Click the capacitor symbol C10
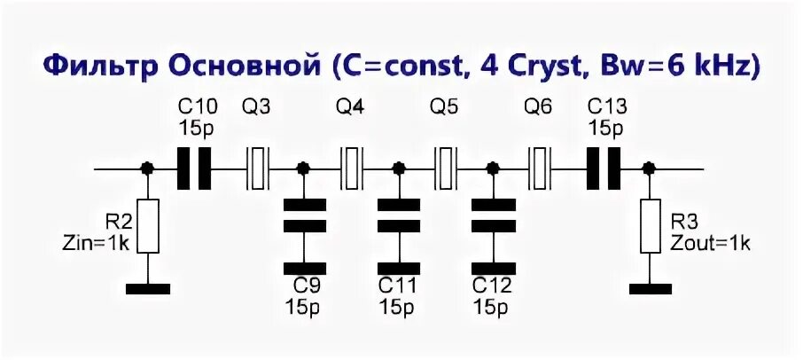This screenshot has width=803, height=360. [x=194, y=168]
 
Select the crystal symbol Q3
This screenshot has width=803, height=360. [x=257, y=168]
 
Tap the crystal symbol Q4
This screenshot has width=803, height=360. [x=352, y=168]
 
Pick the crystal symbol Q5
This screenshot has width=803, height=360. [x=446, y=168]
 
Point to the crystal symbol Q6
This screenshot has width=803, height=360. [x=540, y=168]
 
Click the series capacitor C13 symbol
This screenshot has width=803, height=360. [x=604, y=168]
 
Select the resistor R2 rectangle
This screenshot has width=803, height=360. [x=148, y=226]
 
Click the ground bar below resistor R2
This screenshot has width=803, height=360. [x=148, y=288]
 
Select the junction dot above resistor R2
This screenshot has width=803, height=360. [x=148, y=168]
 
